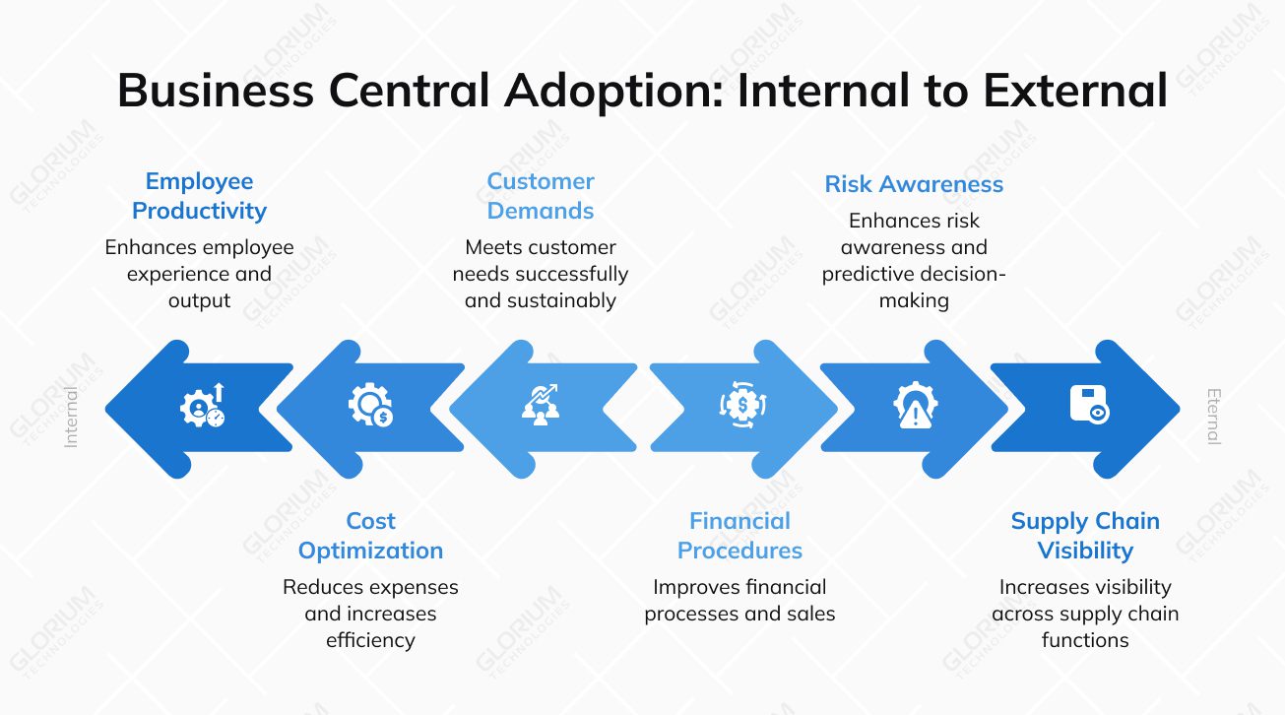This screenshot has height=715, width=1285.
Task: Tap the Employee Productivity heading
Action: point(199,196)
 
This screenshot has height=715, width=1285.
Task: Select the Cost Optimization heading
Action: point(370,536)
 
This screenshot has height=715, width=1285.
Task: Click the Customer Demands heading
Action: point(541,196)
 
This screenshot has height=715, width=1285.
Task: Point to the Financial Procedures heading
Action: point(739,536)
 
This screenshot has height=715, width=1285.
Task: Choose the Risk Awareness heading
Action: point(914,184)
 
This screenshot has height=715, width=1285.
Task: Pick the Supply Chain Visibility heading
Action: point(1085,536)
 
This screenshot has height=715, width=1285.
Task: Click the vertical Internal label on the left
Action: point(71,418)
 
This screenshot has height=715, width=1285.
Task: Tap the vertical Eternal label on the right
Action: point(1213,418)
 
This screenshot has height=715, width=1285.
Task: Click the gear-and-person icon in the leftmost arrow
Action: point(202,406)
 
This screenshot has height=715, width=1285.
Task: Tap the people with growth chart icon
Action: point(541,406)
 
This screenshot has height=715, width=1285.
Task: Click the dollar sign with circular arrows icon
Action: point(742,406)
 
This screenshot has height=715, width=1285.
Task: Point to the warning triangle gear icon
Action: point(915,406)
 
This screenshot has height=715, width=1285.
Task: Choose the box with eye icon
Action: point(1089,406)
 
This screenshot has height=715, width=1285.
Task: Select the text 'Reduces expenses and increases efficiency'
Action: point(370,614)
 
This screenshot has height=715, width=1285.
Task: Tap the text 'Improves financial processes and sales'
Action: point(739,601)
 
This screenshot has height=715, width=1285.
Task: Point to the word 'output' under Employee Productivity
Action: point(199,300)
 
